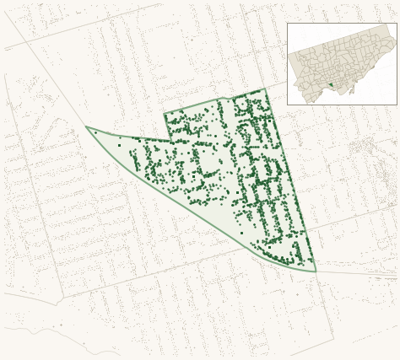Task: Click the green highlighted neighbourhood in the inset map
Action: (x=332, y=84)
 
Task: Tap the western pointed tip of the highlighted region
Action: (x=86, y=127)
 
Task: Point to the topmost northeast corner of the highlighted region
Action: (x=265, y=89)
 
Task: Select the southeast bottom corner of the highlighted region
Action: (x=316, y=271)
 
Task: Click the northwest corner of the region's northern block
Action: (x=165, y=114)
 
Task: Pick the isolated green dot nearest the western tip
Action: (x=96, y=132)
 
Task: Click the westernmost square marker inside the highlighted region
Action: (x=119, y=145)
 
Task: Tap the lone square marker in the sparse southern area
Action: (x=241, y=233)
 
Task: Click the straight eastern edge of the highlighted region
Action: (x=291, y=181)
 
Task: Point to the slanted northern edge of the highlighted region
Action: (x=215, y=101)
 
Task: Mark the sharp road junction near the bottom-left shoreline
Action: (x=57, y=302)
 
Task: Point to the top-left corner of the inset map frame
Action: (x=288, y=24)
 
